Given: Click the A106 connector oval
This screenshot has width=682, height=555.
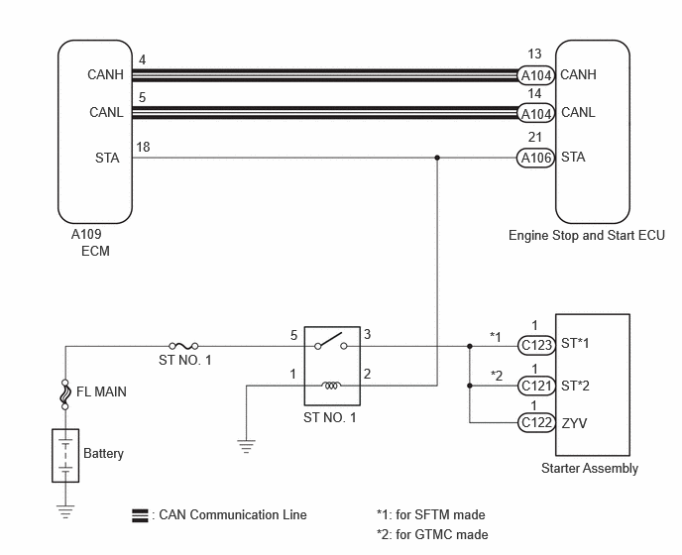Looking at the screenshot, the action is tap(536, 158).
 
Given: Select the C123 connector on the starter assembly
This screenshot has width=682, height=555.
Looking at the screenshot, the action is tap(536, 345).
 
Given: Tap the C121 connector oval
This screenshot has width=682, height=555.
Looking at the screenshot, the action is tap(536, 386).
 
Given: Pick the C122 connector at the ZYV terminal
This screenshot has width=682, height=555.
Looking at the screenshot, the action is tap(536, 423).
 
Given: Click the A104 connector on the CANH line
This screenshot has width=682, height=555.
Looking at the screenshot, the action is tap(536, 75).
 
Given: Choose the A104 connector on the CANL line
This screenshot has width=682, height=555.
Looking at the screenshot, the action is tap(536, 114).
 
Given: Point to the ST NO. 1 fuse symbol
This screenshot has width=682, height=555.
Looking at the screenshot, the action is tap(183, 346).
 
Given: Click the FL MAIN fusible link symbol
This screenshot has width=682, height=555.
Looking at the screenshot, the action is tap(65, 394).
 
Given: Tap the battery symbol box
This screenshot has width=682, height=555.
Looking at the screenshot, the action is tap(65, 455).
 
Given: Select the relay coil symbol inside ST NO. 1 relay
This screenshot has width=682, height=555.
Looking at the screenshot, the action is tap(331, 386).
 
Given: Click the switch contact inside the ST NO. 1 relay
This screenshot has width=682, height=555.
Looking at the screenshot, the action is tap(330, 341).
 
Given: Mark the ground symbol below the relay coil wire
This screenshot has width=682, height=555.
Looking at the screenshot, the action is tap(246, 446).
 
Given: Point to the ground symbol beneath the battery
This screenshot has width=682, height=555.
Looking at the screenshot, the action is tap(65, 511).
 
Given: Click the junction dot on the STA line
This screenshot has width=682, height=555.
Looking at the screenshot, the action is tap(437, 158).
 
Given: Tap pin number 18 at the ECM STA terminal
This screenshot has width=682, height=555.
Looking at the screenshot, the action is tap(143, 147).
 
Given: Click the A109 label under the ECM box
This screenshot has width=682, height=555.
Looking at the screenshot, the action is tap(86, 234).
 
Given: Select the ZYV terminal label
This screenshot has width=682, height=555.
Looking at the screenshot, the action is tap(574, 423).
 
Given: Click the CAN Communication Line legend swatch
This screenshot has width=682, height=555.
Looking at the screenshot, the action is tap(140, 515).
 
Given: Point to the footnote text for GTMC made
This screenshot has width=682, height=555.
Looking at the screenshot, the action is tap(432, 534).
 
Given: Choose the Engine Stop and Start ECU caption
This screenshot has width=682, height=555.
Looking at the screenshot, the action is tap(587, 235).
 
